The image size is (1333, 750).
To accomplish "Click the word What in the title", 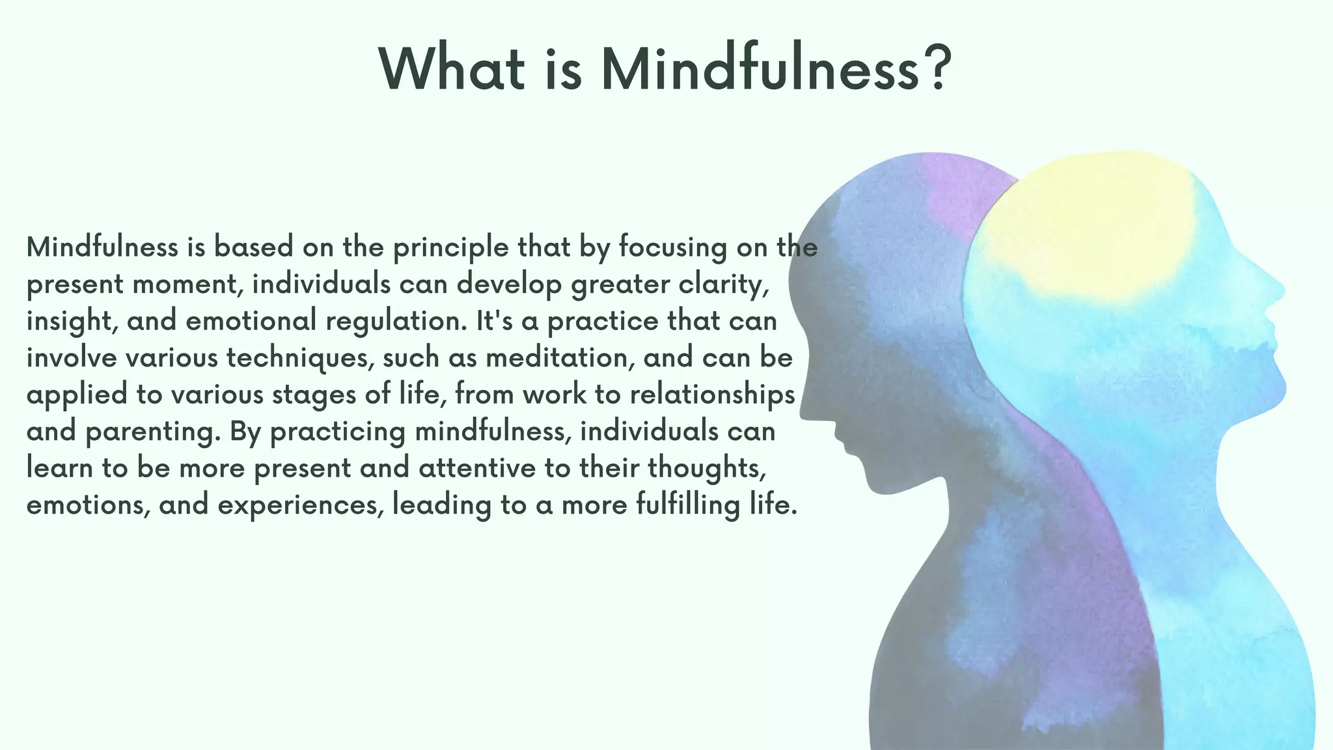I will point(452,69).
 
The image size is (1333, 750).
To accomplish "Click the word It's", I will point(494,321).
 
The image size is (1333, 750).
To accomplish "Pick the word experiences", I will point(301,505).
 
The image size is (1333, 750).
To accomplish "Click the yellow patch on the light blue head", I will point(1093,228).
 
